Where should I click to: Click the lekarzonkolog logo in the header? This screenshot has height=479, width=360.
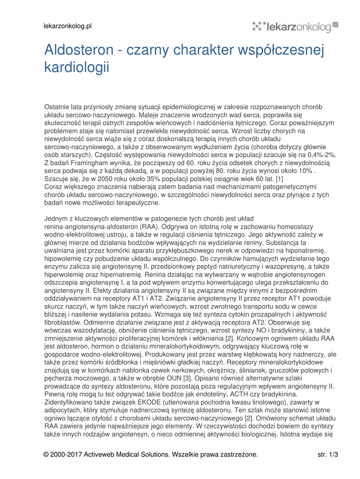(295, 27)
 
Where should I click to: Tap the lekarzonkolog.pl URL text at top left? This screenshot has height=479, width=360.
(67, 26)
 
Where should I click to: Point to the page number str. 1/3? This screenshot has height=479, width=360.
(328, 454)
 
